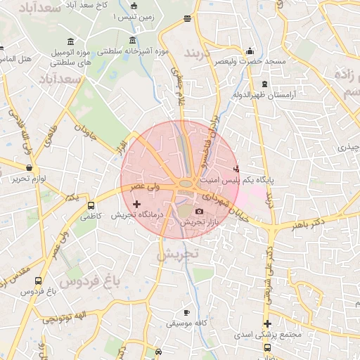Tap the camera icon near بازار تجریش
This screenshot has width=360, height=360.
(x=200, y=212)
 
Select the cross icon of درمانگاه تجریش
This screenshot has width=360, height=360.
(x=136, y=204)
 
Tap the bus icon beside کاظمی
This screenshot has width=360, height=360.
(x=91, y=206)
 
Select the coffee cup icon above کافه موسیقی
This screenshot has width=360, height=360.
(x=186, y=312)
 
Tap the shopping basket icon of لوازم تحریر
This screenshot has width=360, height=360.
(x=29, y=168)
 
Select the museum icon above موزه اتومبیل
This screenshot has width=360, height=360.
(x=70, y=41)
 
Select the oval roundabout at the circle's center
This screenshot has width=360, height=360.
(x=186, y=184)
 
